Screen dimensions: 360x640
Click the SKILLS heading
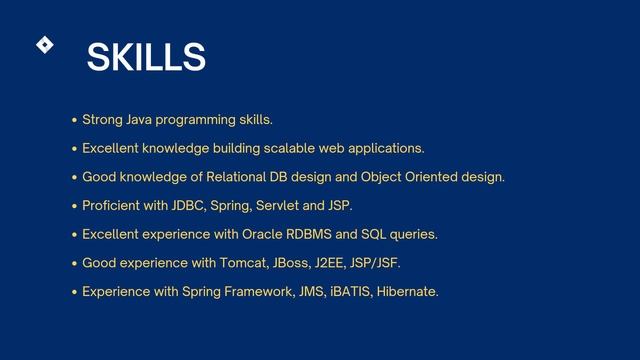146,58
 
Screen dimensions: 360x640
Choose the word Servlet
278,206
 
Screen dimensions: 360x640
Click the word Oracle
263,235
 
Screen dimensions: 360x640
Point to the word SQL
374,235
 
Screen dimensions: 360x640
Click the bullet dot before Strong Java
74,121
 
